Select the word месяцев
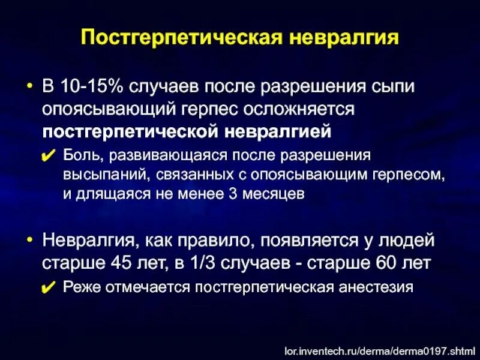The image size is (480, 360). click(273, 193)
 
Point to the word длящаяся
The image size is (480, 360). click(111, 193)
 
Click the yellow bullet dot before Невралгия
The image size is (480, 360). click(29, 240)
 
